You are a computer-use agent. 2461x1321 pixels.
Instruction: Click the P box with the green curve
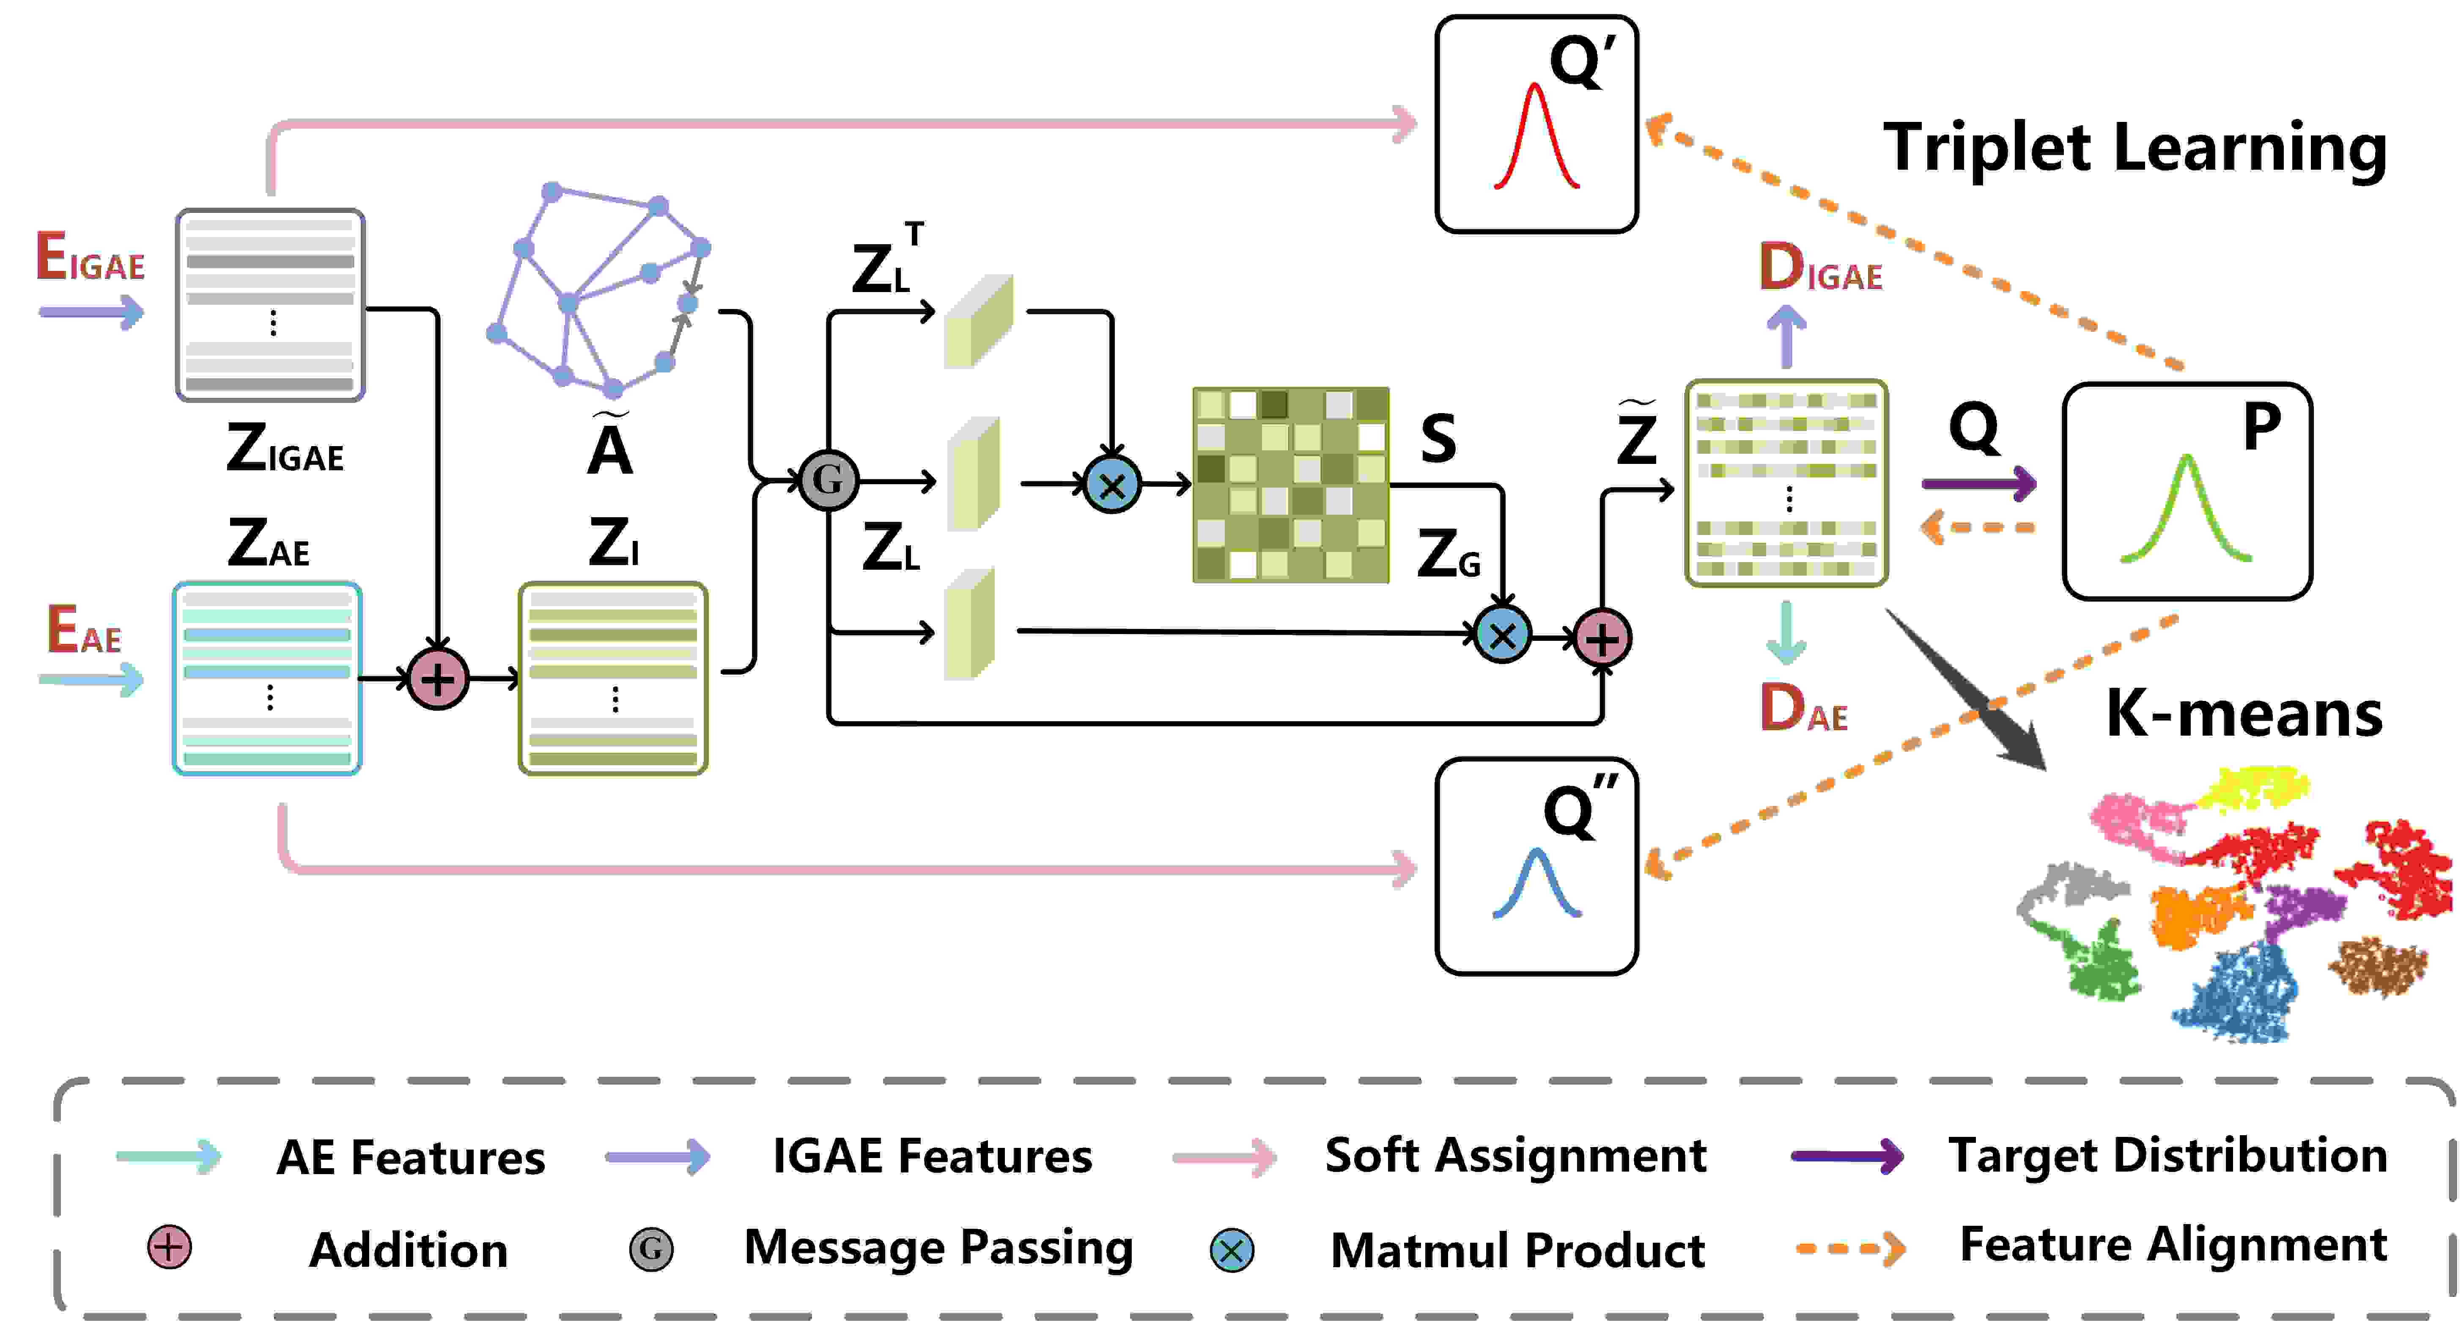pyautogui.click(x=2187, y=491)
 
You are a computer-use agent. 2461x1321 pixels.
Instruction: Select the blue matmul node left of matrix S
pyautogui.click(x=1112, y=485)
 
